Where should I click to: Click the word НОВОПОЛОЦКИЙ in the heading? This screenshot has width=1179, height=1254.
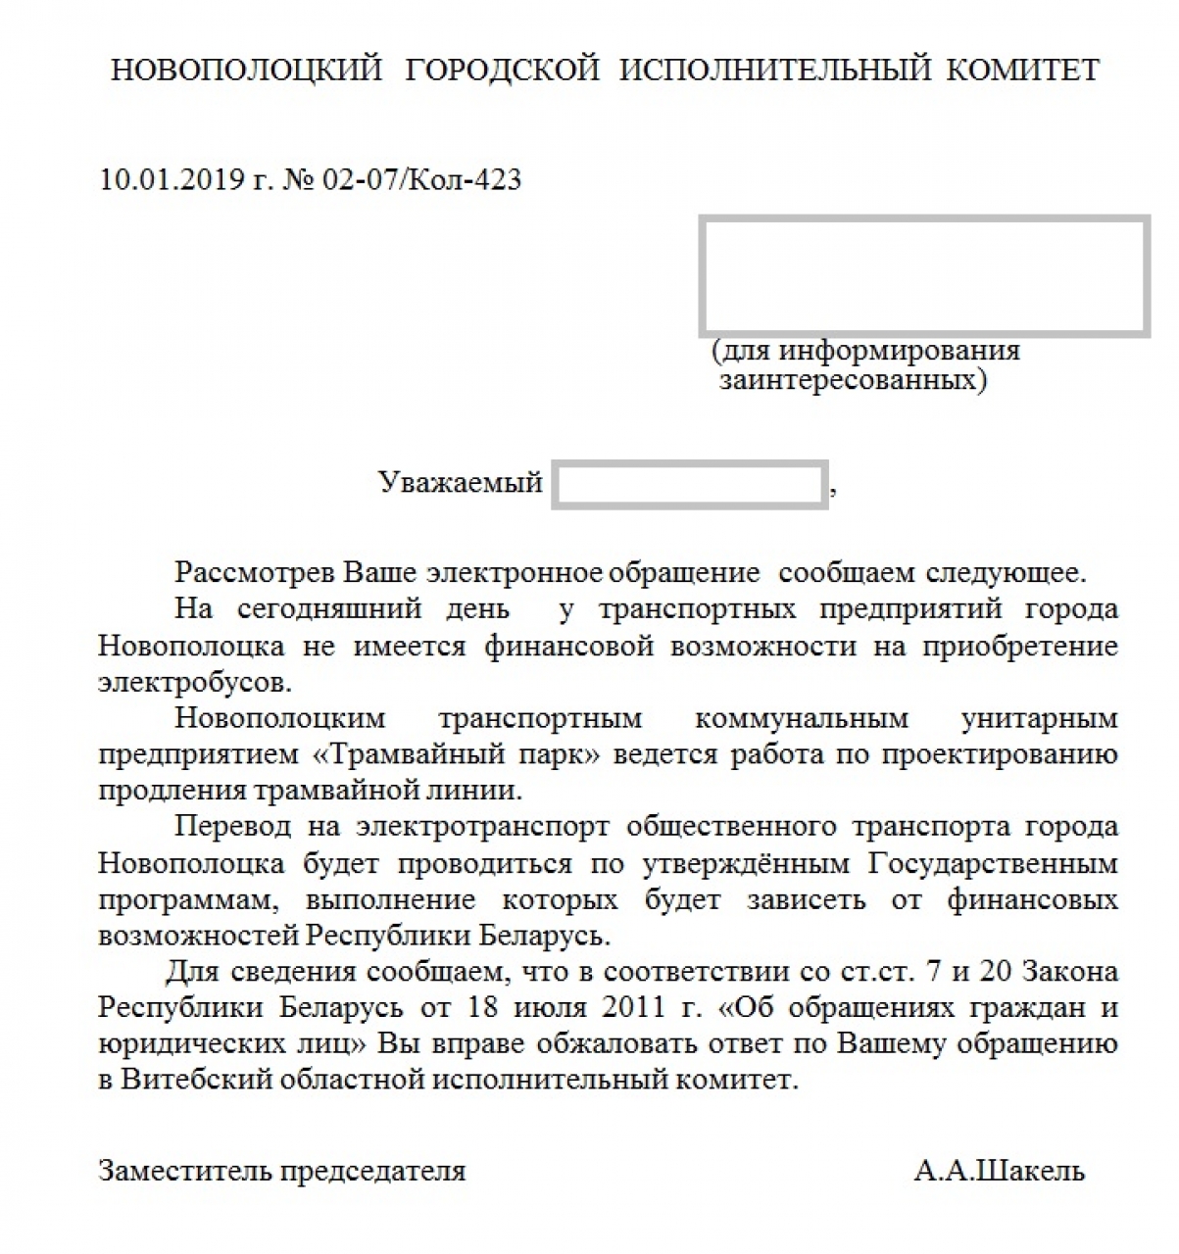246,71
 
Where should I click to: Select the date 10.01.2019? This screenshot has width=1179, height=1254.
169,180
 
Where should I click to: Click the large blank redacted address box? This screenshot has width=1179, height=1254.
923,276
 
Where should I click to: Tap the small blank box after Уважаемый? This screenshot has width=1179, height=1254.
689,484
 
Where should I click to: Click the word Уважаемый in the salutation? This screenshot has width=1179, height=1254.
460,482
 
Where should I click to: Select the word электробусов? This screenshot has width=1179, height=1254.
194,682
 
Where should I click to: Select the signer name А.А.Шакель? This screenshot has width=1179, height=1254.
999,1171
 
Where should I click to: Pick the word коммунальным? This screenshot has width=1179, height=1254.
801,718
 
